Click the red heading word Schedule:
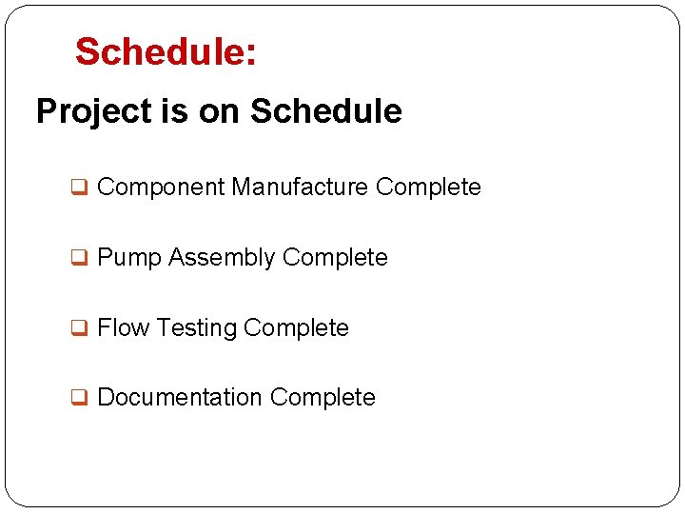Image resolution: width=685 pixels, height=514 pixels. click(x=166, y=52)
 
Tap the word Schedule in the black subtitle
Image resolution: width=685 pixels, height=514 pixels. click(x=325, y=111)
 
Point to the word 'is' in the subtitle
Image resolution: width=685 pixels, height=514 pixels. click(x=174, y=111)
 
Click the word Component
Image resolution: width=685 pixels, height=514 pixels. click(x=161, y=188)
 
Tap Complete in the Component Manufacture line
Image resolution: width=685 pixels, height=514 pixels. click(x=428, y=188)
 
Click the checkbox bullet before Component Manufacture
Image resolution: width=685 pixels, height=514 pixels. click(x=82, y=188)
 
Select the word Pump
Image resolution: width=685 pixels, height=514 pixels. click(x=129, y=258)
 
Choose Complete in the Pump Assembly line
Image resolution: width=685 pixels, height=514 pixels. click(x=335, y=258)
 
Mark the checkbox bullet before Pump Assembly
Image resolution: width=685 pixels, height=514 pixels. click(x=82, y=258)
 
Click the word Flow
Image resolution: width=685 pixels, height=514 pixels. click(x=124, y=327)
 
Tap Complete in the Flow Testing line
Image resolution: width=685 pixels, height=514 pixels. click(x=296, y=328)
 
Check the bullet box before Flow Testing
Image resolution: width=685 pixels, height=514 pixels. click(x=82, y=328)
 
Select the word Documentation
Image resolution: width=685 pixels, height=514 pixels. click(x=179, y=397)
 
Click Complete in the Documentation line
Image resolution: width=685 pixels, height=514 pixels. click(x=323, y=398)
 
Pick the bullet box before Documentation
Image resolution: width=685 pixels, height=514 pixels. click(x=82, y=398)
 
